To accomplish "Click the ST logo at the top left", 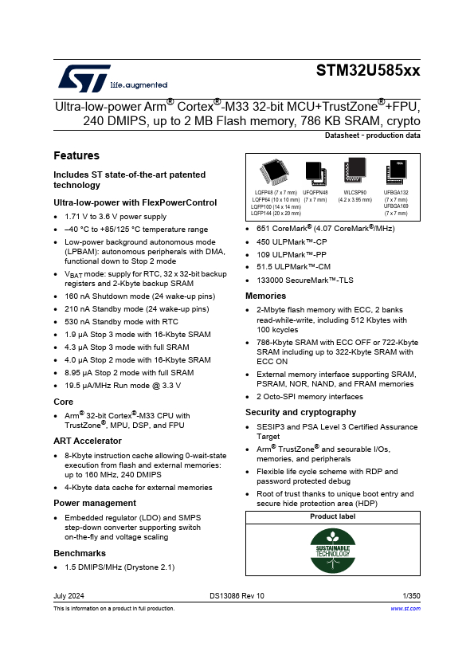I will tap(77, 77).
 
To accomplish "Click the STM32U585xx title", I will tap(368, 71).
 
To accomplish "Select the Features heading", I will tap(76, 155).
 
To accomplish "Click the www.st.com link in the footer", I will tap(405, 609).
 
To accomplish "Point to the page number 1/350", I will tap(411, 595).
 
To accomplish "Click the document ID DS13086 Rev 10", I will tap(237, 595).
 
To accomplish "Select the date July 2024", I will tap(69, 595).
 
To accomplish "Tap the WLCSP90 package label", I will tap(355, 193).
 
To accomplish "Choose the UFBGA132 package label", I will tap(396, 193).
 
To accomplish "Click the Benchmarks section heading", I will tap(80, 553).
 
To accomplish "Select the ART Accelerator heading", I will tap(87, 441).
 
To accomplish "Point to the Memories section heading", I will tap(266, 296).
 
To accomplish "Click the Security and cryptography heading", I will tap(300, 412).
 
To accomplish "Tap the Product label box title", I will tap(332, 516).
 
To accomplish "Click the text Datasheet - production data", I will tap(372, 135).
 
